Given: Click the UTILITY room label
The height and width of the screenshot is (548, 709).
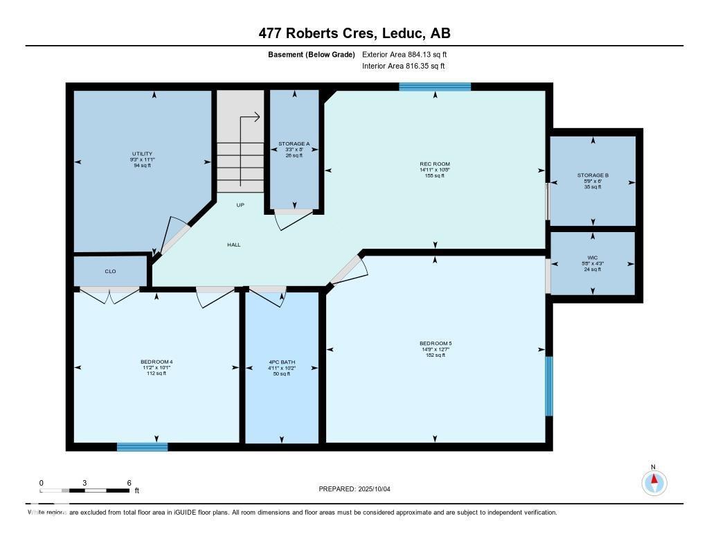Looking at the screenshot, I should (x=142, y=154).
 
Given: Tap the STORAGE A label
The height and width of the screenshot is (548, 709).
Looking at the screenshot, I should (x=294, y=144).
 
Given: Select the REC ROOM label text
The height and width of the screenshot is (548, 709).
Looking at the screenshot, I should (x=434, y=165).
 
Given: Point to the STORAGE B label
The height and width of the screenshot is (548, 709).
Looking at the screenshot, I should (x=593, y=176).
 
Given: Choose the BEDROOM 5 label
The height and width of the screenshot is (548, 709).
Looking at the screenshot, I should (x=435, y=343).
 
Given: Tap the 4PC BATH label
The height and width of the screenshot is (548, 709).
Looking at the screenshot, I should (x=282, y=362).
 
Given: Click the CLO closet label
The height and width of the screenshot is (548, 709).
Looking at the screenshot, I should (x=110, y=272).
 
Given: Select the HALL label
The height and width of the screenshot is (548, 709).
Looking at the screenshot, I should (x=234, y=245).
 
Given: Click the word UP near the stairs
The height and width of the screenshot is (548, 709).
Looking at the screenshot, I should (x=240, y=205).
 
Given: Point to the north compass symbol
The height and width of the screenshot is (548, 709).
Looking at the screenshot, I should (x=654, y=481).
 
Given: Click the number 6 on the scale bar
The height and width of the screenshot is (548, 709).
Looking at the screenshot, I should (x=129, y=482).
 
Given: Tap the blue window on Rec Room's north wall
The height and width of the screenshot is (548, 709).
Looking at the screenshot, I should (x=435, y=87).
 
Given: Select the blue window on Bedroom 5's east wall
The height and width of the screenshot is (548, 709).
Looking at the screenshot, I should (x=549, y=386).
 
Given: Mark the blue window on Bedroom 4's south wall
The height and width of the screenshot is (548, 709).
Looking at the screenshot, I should (x=142, y=447).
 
